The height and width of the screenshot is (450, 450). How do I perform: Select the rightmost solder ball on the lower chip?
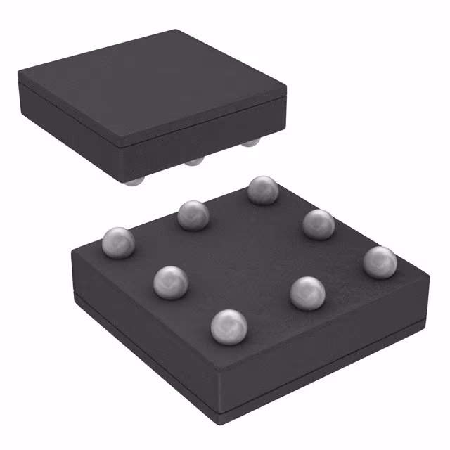coord(380,262)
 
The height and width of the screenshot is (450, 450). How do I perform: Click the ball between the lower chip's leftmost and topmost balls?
coord(192,215)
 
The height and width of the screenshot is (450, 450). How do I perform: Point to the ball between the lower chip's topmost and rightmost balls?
coord(319,224)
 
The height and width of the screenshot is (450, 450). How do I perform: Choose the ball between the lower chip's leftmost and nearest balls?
coord(170,281)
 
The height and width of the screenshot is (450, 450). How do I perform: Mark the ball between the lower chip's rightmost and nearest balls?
coord(307,292)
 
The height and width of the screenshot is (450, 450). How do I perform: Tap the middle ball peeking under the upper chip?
coord(194,162)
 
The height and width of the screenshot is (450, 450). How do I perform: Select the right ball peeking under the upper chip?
coord(250,143)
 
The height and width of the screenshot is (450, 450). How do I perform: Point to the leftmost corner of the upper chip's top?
coord(19,72)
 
